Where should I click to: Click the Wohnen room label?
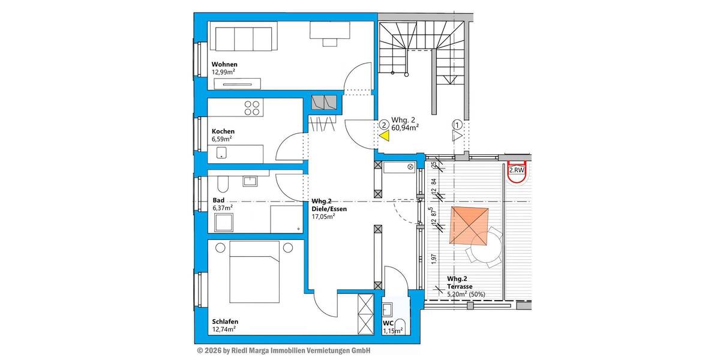pyautogui.click(x=224, y=64)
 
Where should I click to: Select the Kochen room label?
pyautogui.click(x=223, y=131)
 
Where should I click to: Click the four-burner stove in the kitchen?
pyautogui.click(x=253, y=108)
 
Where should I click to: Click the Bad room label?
pyautogui.click(x=218, y=200)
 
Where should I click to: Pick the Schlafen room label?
pyautogui.click(x=224, y=320)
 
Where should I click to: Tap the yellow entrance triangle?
pyautogui.click(x=384, y=136)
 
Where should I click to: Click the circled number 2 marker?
pyautogui.click(x=383, y=125)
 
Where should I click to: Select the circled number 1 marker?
pyautogui.click(x=457, y=125)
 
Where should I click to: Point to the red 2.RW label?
pyautogui.click(x=517, y=170)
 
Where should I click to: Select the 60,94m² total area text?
pyautogui.click(x=405, y=127)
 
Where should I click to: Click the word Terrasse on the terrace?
pyautogui.click(x=460, y=287)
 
